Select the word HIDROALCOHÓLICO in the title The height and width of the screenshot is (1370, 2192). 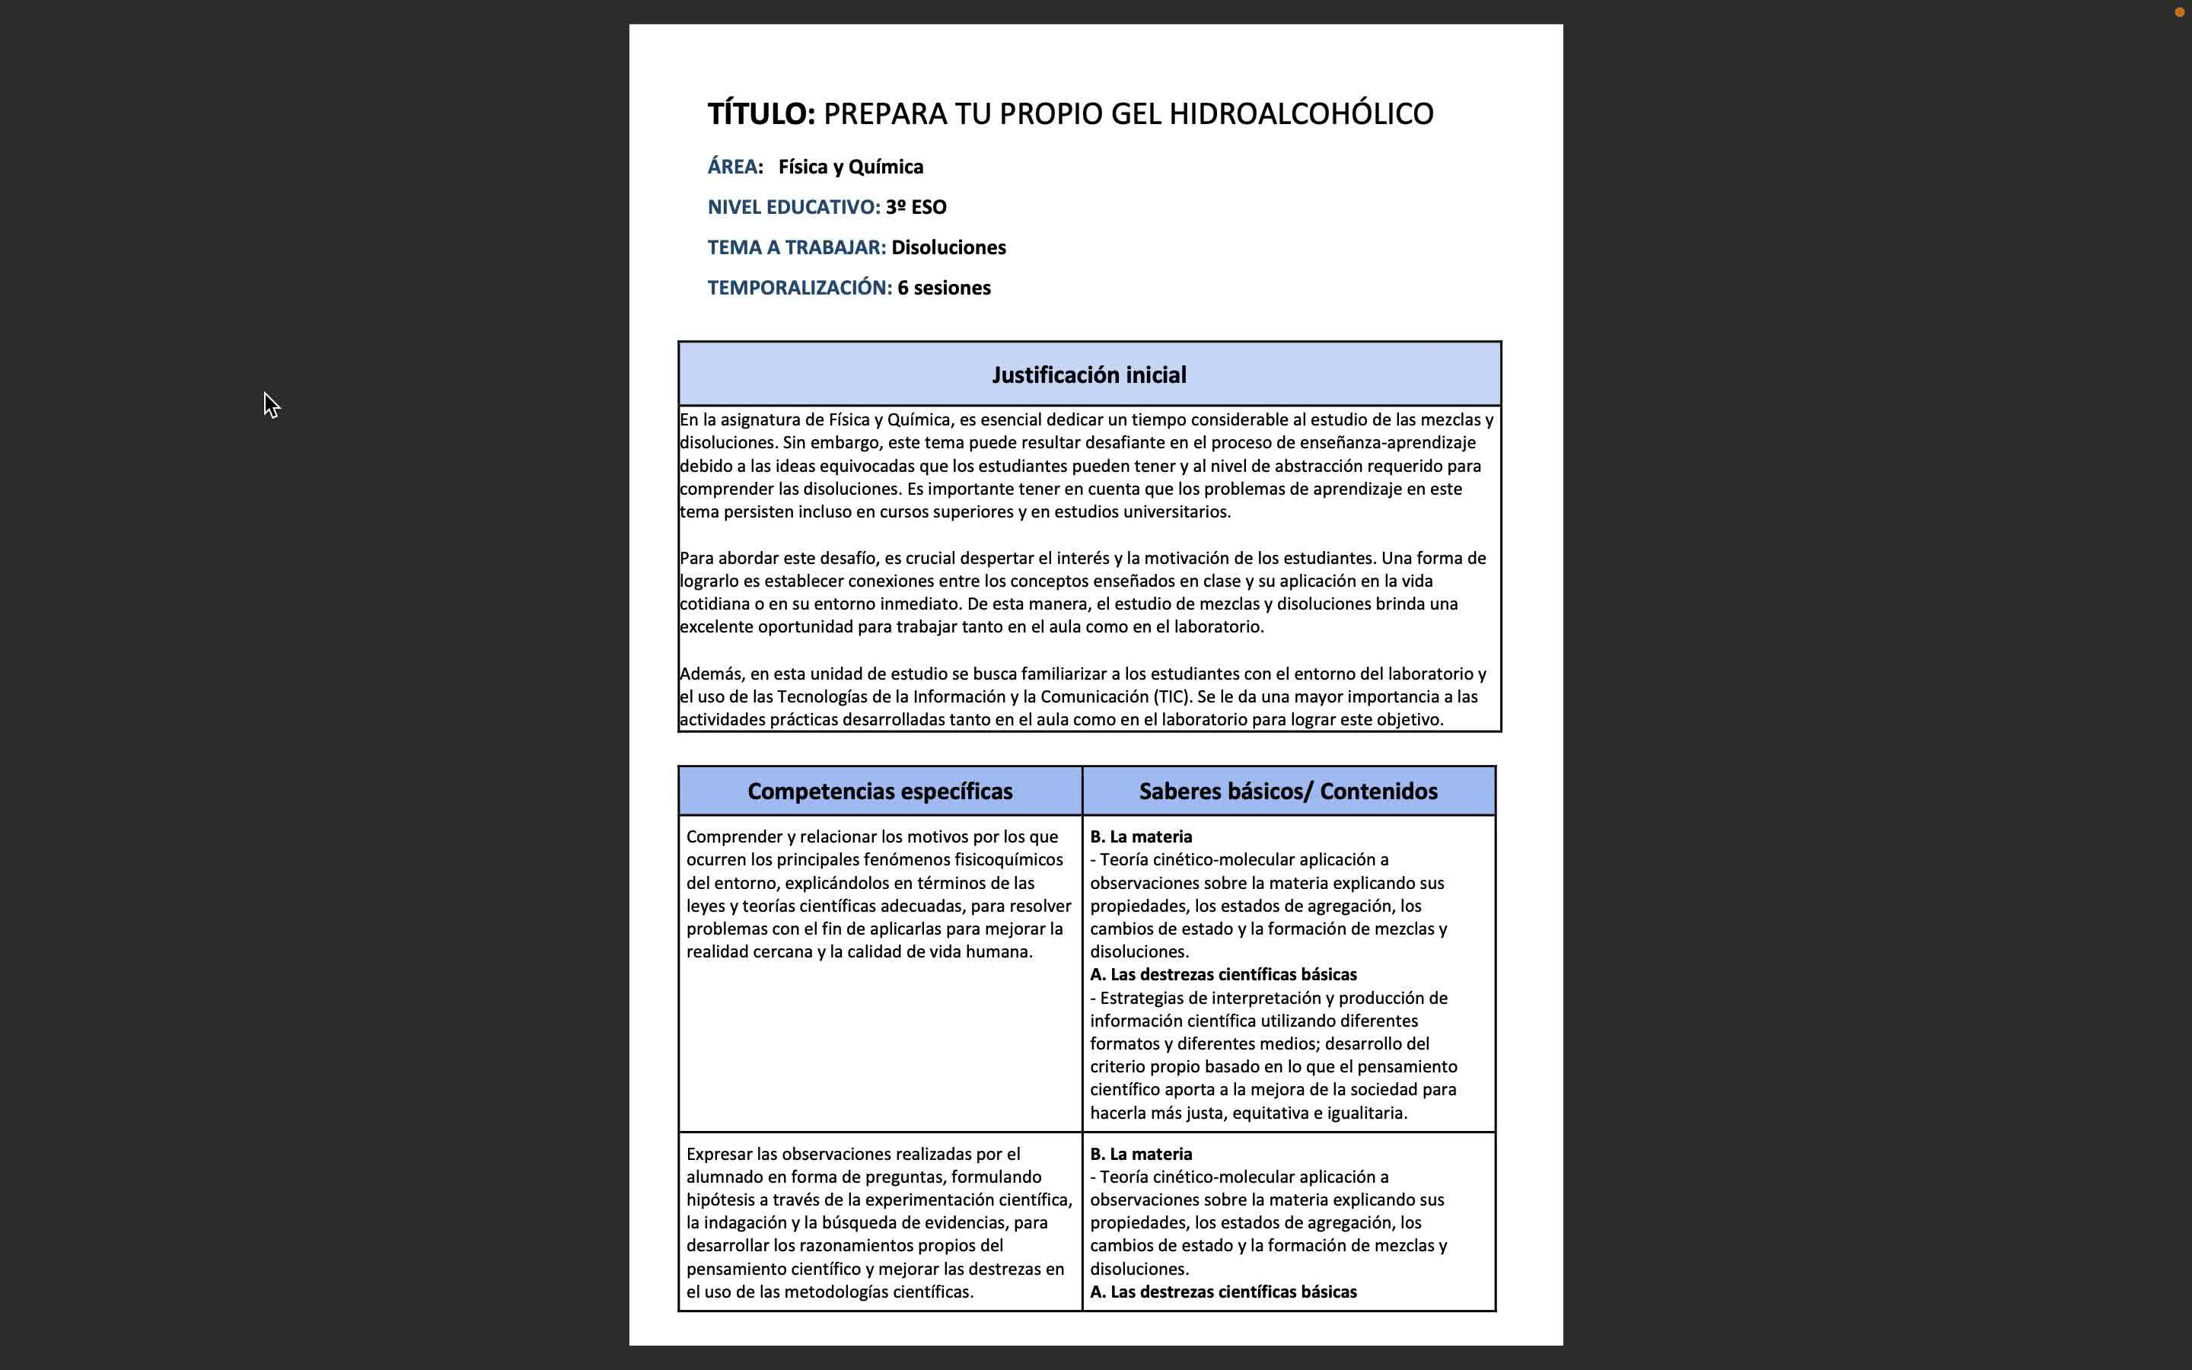click(1301, 114)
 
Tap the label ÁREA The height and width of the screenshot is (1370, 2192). click(733, 167)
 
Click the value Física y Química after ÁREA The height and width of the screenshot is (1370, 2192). click(850, 167)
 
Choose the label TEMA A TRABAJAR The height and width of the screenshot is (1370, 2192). click(796, 247)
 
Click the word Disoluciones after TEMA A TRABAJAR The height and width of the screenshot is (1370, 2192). click(948, 247)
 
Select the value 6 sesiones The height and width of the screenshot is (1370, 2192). click(944, 288)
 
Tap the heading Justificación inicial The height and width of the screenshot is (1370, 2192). click(1088, 375)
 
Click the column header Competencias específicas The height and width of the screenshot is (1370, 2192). click(880, 792)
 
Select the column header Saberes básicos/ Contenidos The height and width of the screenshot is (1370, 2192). click(1288, 792)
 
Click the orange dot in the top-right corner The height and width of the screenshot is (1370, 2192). click(2178, 11)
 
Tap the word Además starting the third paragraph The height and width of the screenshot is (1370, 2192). click(711, 674)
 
